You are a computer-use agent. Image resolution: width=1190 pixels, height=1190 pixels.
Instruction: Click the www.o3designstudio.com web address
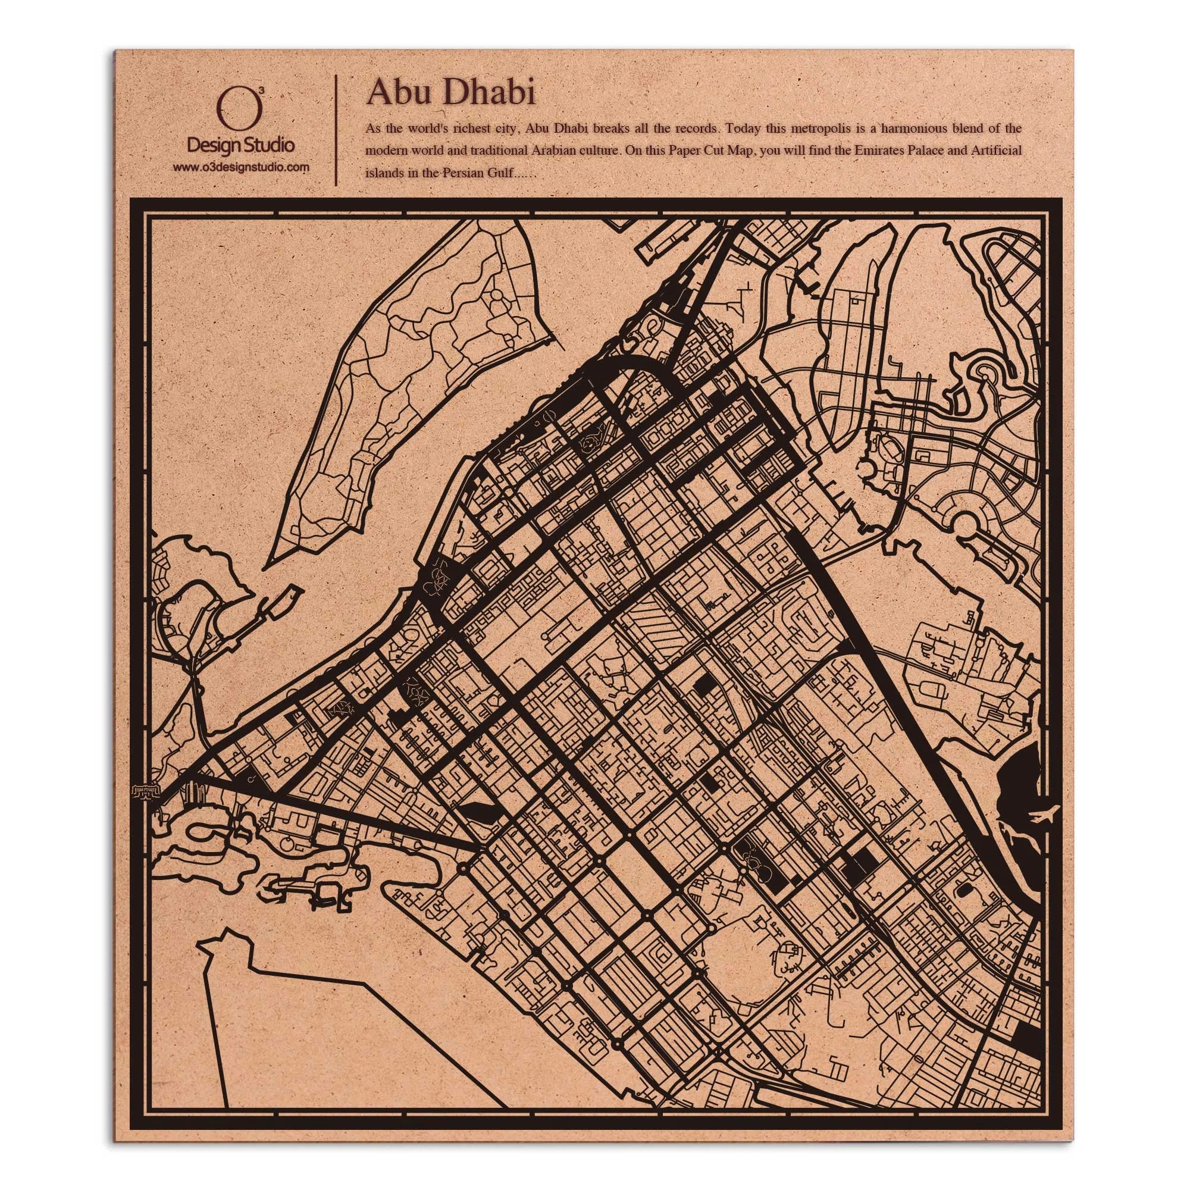click(x=242, y=167)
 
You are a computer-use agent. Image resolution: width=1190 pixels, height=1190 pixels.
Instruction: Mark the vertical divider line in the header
click(x=335, y=130)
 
